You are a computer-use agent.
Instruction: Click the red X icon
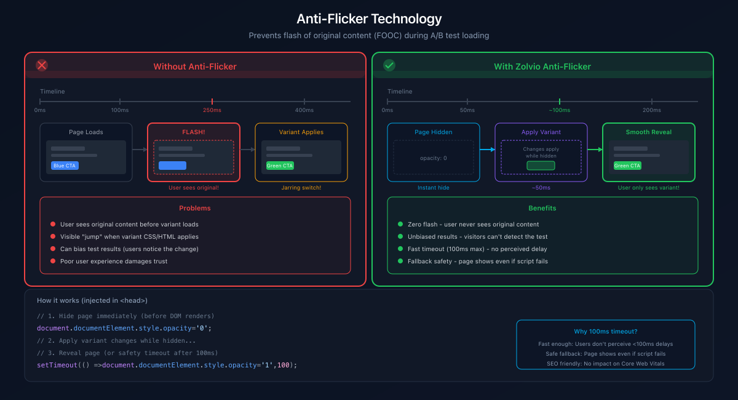click(x=42, y=65)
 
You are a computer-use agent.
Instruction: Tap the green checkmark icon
click(x=389, y=65)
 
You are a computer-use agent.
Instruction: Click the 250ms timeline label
click(x=212, y=110)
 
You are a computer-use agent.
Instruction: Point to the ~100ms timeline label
click(x=560, y=110)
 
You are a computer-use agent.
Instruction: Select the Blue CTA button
click(x=65, y=166)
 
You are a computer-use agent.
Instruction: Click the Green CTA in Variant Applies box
click(x=280, y=166)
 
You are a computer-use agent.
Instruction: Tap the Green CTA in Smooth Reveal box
click(x=627, y=166)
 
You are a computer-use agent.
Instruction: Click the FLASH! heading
click(x=194, y=132)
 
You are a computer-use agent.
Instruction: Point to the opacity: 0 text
click(x=434, y=158)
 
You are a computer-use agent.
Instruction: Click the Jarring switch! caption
click(x=301, y=188)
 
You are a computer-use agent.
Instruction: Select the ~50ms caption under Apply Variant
click(x=541, y=188)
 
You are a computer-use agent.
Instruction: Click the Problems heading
click(x=195, y=208)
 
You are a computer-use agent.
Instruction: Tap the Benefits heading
click(x=542, y=208)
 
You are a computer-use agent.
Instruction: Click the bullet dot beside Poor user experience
click(x=53, y=261)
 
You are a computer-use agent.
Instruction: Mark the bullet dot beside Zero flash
click(x=400, y=225)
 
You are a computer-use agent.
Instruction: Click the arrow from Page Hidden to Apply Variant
click(x=487, y=150)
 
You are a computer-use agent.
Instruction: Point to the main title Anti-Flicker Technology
click(x=369, y=19)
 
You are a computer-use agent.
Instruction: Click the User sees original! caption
click(x=194, y=188)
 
